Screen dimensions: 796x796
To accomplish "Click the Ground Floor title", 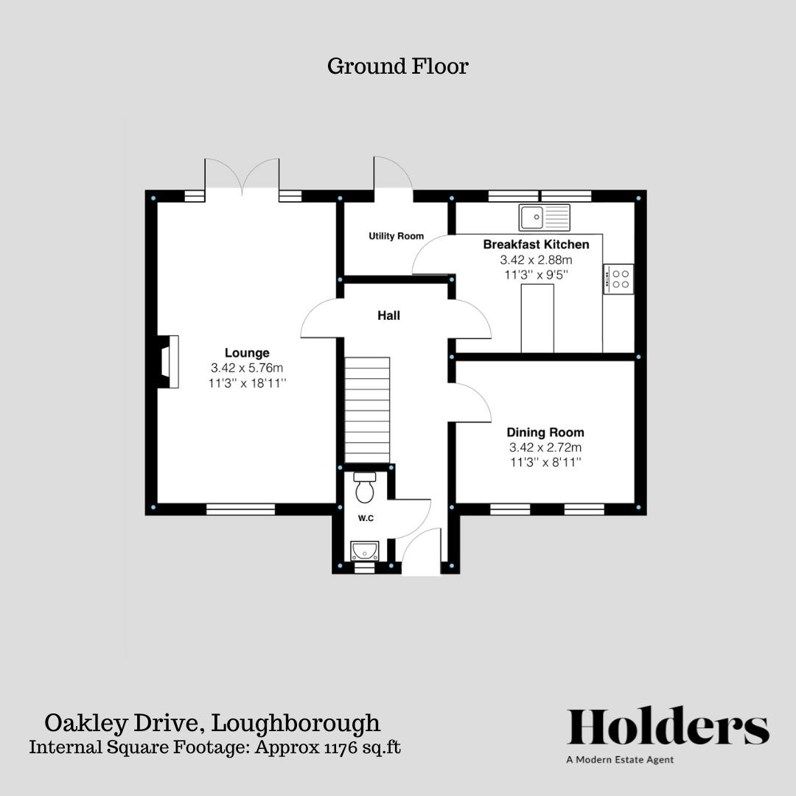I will coord(397,66).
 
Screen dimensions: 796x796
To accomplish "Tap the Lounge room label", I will coord(247,353).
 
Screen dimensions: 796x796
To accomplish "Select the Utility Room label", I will coord(397,236).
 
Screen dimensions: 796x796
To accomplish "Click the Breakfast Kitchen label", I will coord(536,244).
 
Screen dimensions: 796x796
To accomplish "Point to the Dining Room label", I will coord(545,433).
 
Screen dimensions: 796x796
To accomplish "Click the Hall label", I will coord(388,315).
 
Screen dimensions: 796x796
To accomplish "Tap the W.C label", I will coord(366,518).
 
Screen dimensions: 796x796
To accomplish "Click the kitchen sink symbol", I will coord(544,217).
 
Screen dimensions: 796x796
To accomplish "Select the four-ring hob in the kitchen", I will coord(619,279).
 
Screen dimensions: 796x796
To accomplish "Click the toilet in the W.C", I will coord(366,486).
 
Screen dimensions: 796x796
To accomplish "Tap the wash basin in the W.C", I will coord(365,551).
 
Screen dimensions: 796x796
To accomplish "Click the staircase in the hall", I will coord(367,409).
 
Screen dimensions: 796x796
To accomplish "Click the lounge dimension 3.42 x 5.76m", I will coord(247,368).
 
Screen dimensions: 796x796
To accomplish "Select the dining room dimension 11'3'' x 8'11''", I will coord(545,462).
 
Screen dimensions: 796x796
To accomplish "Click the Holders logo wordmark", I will coord(668,727).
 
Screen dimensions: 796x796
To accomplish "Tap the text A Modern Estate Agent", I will coord(620,759).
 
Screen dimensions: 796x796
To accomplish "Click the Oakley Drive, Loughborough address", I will coord(212,722).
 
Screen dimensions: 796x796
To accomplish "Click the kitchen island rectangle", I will coord(537,318).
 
